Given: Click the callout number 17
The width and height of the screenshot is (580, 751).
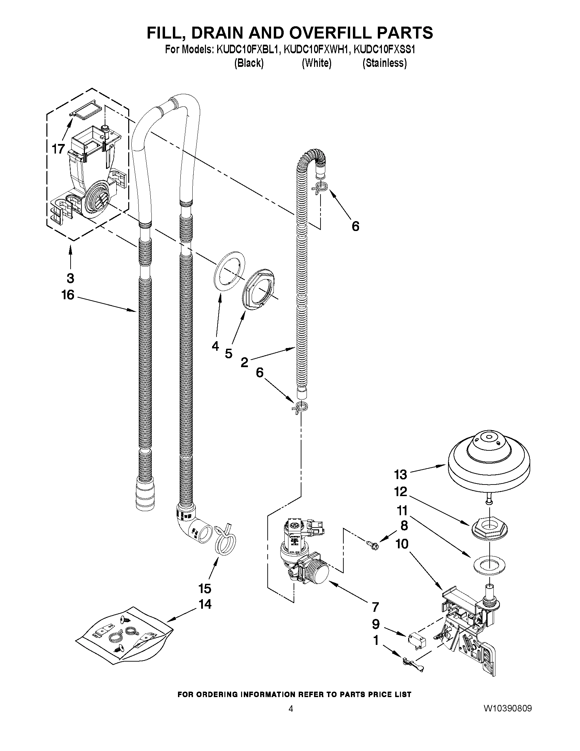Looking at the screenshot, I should pos(58,149).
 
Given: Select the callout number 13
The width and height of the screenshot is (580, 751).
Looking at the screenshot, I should pos(400,475).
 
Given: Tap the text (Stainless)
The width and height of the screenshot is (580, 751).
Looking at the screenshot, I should pos(385,63).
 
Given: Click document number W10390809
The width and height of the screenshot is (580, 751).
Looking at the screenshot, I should pos(507,708).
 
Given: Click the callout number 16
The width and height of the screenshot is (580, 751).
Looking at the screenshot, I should pos(68,295).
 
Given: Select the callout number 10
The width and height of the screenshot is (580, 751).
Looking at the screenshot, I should pos(402,544).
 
